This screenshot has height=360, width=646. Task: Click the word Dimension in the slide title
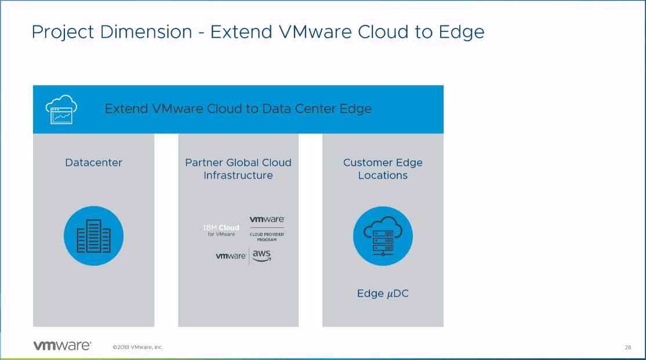146,32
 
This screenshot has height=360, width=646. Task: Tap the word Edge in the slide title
461,32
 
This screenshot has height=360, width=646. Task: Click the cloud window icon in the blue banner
61,109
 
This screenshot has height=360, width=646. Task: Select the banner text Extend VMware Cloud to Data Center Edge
238,109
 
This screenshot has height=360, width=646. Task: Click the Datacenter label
93,163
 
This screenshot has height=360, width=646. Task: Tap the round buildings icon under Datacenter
93,235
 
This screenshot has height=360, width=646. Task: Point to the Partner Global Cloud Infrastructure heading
238,169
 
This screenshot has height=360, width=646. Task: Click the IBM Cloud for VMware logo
222,230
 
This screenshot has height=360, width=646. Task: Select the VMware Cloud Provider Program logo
267,228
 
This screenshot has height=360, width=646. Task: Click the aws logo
262,256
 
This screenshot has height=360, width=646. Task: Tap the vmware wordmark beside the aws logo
231,256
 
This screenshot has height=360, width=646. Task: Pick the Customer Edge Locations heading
383,169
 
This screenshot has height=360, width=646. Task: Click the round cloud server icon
383,237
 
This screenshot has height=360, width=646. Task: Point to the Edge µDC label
383,294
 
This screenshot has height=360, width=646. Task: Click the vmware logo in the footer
61,346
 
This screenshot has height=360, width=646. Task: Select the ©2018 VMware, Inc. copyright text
138,347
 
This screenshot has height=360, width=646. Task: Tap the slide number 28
628,347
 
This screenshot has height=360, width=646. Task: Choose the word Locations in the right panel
383,176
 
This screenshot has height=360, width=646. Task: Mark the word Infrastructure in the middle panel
238,176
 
